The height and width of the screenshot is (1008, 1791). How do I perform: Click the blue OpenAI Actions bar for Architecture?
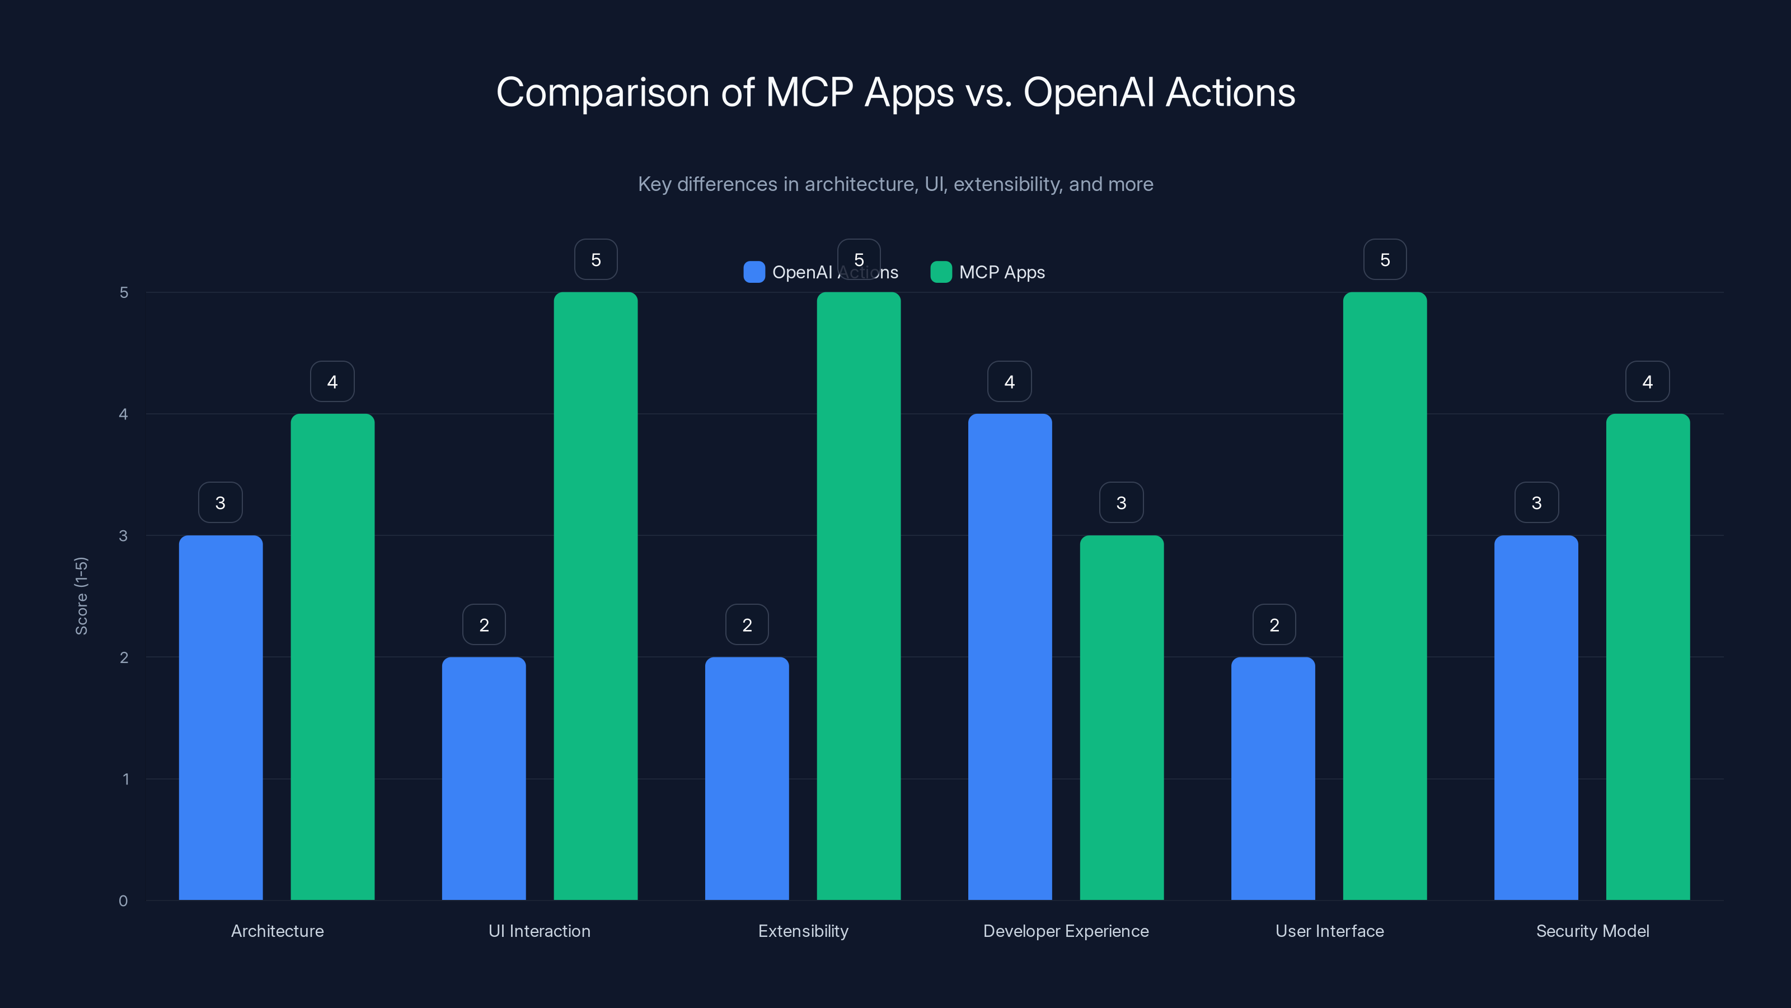221,717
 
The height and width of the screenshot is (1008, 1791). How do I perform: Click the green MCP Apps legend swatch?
941,272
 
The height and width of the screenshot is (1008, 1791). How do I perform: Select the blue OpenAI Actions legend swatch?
754,272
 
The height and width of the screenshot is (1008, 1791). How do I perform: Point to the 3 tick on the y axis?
124,536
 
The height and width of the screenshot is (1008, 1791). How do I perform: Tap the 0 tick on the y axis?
124,901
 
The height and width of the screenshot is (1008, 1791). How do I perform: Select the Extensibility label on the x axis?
803,931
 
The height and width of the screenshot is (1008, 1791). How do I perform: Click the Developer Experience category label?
1065,931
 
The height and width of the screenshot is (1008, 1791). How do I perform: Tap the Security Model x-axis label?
1592,931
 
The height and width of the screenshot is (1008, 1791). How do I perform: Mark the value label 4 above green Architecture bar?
332,381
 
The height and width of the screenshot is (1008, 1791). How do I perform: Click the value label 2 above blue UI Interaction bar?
484,625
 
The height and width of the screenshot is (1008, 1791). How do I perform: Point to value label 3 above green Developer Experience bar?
1120,502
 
